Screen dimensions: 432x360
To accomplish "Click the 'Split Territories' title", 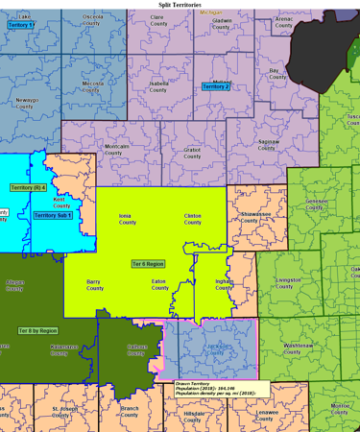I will click(x=180, y=5).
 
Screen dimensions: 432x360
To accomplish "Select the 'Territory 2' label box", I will click(x=216, y=86).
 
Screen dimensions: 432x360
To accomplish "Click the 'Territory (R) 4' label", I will click(x=28, y=187).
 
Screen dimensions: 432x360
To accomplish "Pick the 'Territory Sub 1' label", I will click(x=53, y=215).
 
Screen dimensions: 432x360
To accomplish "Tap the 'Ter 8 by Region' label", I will click(x=37, y=329).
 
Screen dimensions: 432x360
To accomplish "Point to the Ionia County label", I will click(x=127, y=219).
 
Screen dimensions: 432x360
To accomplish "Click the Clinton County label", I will click(x=193, y=219).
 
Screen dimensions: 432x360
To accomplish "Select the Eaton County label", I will click(x=159, y=284).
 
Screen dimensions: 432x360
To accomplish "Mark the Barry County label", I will click(x=94, y=284).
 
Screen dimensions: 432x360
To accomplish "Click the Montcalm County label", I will click(x=116, y=149).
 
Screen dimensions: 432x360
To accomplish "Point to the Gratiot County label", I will click(x=192, y=152).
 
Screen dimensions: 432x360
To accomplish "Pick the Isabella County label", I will click(x=159, y=86).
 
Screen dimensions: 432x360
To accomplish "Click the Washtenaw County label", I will click(x=298, y=348).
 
